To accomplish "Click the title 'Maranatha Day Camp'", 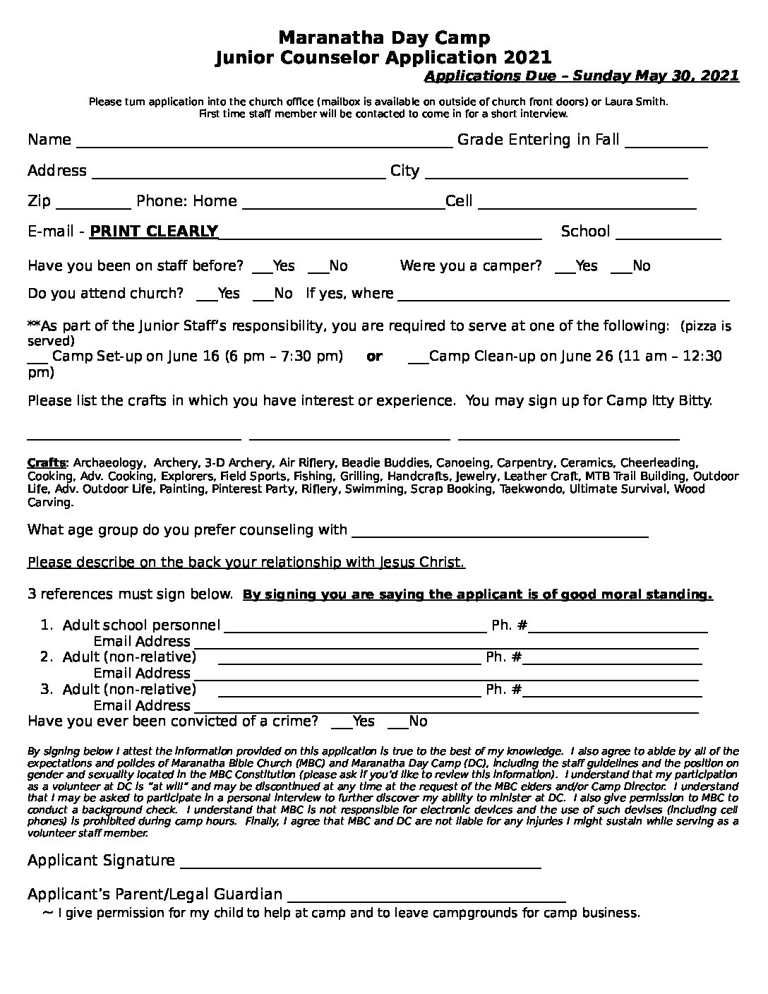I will [383, 37].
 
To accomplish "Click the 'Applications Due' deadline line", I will [582, 76].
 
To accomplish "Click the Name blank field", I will [263, 141].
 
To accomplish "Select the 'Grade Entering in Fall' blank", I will [666, 141].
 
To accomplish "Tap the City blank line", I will [556, 172].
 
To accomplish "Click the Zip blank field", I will [92, 203].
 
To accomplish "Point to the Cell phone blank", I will [587, 203].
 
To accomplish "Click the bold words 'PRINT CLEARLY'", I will [154, 232].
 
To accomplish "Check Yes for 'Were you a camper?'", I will [564, 267].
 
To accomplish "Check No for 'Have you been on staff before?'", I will [317, 267].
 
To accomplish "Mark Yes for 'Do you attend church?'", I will [206, 294].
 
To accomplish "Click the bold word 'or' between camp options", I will [374, 357].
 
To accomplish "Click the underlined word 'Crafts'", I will [46, 463].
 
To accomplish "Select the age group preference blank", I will [499, 531].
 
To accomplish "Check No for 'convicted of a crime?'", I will [397, 722].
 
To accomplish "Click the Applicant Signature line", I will [361, 861].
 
